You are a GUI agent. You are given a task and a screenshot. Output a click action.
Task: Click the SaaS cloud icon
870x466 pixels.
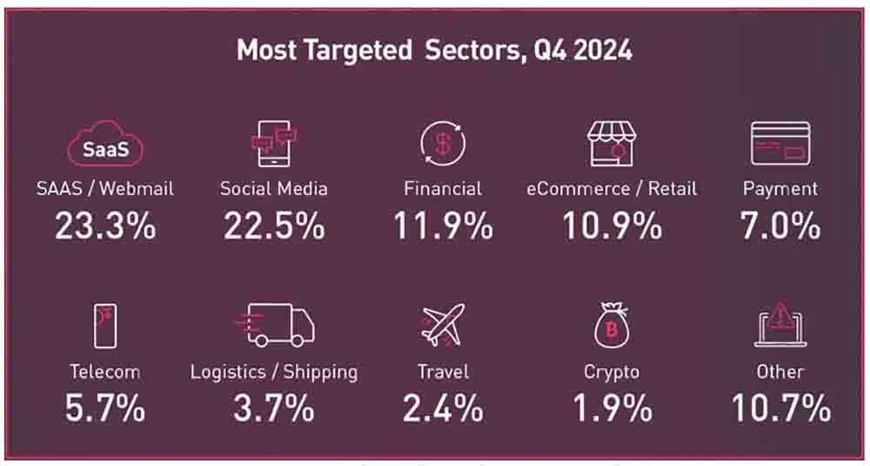coord(105,146)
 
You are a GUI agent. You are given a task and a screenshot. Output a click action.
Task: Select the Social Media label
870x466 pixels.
coord(273,188)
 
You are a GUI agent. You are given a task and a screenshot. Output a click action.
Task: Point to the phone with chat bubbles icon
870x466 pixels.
coord(273,145)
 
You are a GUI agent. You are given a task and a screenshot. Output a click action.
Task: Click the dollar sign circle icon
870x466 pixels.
coord(443,144)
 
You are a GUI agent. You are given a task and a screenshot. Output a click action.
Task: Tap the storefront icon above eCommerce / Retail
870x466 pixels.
coord(612,144)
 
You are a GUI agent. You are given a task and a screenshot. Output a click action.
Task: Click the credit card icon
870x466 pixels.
coord(780,144)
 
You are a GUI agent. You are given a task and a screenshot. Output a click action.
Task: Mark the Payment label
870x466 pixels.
coord(780,188)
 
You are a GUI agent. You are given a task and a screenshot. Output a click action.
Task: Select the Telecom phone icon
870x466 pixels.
coord(105,327)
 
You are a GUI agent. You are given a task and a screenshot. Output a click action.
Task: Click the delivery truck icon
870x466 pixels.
coord(275,326)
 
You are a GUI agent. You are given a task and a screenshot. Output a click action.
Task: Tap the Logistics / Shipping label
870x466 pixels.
coord(274,372)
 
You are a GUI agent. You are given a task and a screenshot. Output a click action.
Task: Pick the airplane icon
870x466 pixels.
coord(444,325)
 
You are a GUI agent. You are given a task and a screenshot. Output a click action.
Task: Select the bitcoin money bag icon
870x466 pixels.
coord(612,327)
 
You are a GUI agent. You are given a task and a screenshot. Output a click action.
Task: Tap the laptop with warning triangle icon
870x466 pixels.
coord(780,326)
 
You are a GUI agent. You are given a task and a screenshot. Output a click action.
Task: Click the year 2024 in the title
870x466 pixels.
coord(594,51)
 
